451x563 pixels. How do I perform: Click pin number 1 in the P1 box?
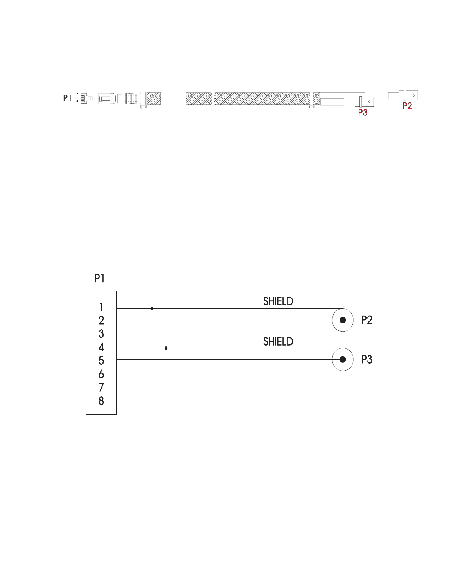tap(101, 307)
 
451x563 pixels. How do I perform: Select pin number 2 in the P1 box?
tap(101, 321)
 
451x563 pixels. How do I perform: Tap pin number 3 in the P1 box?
tap(101, 334)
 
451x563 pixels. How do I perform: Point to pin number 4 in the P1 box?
tap(101, 348)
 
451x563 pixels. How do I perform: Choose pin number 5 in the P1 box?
tap(101, 361)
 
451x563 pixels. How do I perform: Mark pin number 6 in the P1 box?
tap(101, 374)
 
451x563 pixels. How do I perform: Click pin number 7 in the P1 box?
tap(101, 387)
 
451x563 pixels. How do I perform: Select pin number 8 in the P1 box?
tap(101, 401)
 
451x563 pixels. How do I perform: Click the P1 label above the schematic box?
tap(100, 278)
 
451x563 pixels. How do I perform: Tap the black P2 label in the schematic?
tap(367, 320)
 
